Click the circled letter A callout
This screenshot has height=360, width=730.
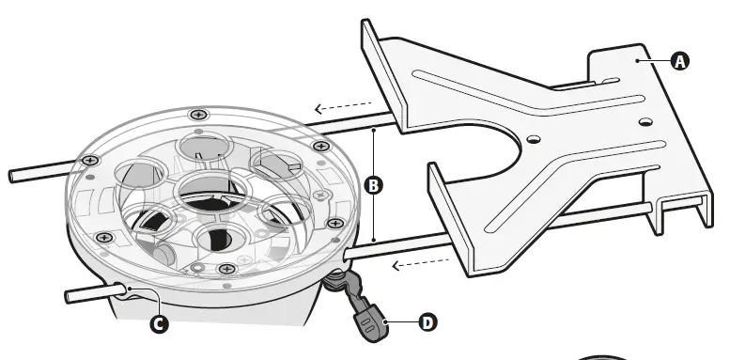pyautogui.click(x=680, y=61)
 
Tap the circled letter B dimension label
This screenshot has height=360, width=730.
pyautogui.click(x=374, y=185)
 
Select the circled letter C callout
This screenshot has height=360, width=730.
pyautogui.click(x=160, y=323)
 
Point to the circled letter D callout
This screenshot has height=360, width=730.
pyautogui.click(x=427, y=322)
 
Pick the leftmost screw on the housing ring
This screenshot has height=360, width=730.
pyautogui.click(x=89, y=161)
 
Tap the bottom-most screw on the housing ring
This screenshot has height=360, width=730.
pyautogui.click(x=226, y=270)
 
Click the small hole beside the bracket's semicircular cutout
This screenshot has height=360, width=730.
pyautogui.click(x=534, y=139)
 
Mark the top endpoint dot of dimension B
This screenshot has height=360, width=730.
pyautogui.click(x=374, y=128)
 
